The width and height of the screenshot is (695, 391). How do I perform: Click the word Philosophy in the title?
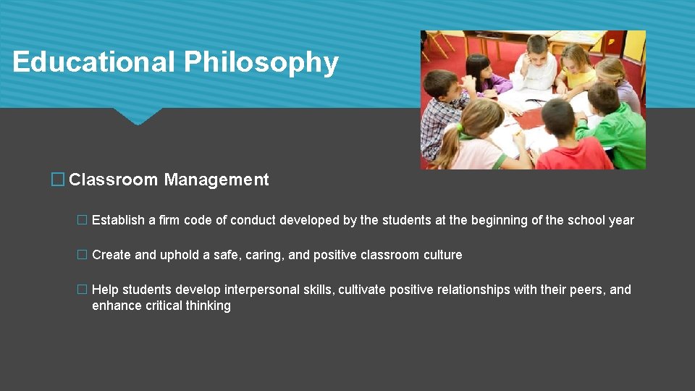pos(261,62)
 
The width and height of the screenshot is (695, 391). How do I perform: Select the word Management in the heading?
pos(216,180)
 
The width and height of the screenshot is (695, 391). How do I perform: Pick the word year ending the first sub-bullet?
pos(621,220)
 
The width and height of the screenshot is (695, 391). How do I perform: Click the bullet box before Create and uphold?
pos(82,255)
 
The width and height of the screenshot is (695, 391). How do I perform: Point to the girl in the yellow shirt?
pos(576,68)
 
